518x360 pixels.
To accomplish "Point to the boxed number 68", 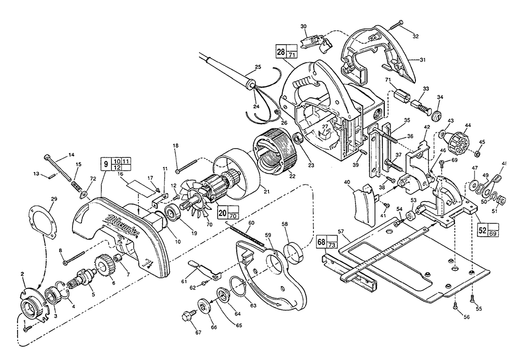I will [x=321, y=241].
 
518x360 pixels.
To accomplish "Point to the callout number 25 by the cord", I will [x=258, y=67].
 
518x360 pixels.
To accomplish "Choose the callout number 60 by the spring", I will [x=251, y=223].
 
